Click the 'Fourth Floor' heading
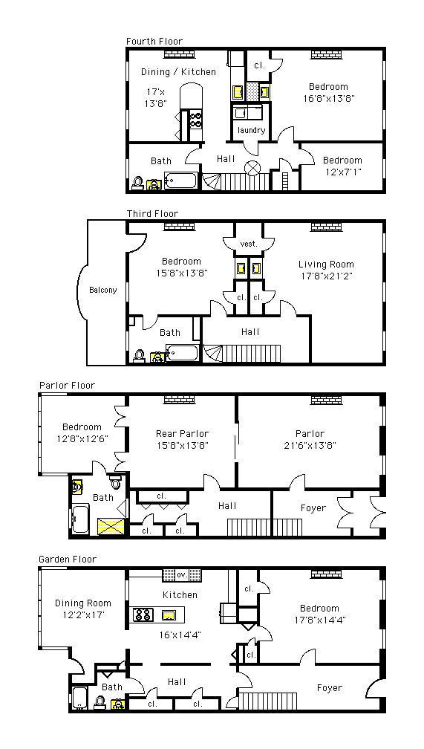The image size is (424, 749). [154, 42]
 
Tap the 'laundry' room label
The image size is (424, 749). [251, 131]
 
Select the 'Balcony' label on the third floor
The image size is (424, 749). [103, 290]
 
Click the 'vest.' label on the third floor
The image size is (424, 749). [249, 244]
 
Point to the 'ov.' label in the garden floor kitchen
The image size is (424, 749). [182, 574]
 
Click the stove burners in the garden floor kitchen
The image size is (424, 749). [143, 615]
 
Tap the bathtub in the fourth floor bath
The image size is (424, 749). [181, 181]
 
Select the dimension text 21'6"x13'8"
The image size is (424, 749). [310, 446]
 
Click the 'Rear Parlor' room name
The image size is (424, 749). [183, 434]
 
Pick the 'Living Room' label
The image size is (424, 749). [326, 265]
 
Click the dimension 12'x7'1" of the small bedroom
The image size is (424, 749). [342, 172]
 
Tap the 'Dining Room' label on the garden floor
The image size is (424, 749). [83, 603]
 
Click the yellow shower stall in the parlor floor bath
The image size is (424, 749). [111, 526]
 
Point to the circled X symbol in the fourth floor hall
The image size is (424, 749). [252, 168]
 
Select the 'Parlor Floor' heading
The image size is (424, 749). [68, 386]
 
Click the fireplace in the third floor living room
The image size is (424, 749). [327, 227]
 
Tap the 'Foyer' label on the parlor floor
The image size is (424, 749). [313, 508]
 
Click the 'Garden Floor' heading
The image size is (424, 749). [68, 560]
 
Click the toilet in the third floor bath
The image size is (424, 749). [140, 356]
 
